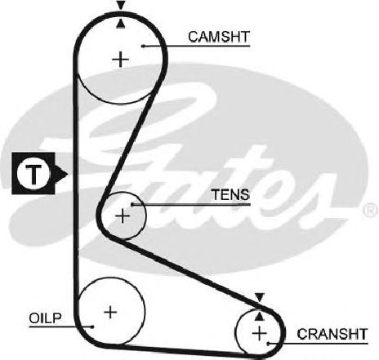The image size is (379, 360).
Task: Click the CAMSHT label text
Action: (x=219, y=37)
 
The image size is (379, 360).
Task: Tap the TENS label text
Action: (x=230, y=194)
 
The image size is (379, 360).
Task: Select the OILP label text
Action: (x=45, y=318)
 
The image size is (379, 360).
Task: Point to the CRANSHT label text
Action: (x=332, y=334)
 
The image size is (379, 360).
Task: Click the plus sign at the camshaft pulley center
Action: (x=120, y=60)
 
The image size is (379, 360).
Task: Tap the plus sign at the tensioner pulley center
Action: (x=123, y=216)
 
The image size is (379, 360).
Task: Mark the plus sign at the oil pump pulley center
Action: (x=110, y=312)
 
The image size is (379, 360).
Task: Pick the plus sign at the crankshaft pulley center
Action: (x=259, y=333)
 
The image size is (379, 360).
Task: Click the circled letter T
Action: (x=33, y=174)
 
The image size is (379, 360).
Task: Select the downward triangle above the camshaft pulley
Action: (x=121, y=5)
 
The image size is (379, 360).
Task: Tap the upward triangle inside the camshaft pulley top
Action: (x=121, y=24)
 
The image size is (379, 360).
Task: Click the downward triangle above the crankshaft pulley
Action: (x=260, y=297)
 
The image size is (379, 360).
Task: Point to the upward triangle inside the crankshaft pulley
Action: (x=260, y=316)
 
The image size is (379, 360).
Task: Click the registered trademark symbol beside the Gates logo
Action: (x=371, y=211)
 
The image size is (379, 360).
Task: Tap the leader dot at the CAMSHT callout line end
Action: (x=143, y=46)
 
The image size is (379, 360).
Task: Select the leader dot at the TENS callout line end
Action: (x=132, y=204)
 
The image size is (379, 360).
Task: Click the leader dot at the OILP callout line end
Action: (x=92, y=327)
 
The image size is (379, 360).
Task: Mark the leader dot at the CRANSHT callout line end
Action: (x=268, y=344)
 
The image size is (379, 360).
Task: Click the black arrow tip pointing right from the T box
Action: (x=67, y=174)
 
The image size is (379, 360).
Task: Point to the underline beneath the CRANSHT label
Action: (x=318, y=344)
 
